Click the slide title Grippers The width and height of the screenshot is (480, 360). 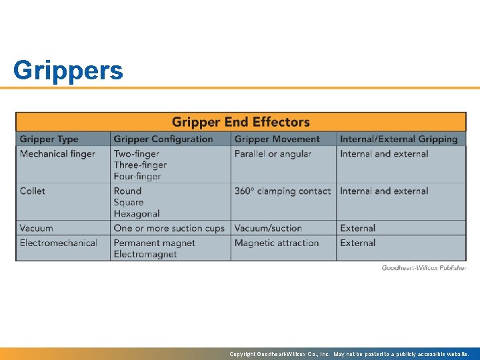pyautogui.click(x=68, y=70)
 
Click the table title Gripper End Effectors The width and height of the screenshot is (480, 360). pyautogui.click(x=241, y=122)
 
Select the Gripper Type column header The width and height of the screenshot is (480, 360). pyautogui.click(x=49, y=139)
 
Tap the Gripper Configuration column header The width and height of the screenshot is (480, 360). pyautogui.click(x=163, y=139)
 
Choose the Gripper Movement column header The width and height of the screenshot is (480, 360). pyautogui.click(x=277, y=139)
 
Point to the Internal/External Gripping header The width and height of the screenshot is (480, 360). pyautogui.click(x=399, y=139)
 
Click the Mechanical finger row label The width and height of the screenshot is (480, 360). pyautogui.click(x=57, y=154)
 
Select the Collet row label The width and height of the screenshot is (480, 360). pyautogui.click(x=33, y=191)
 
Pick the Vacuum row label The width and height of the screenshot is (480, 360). pyautogui.click(x=36, y=228)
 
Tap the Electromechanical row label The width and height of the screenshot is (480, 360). pyautogui.click(x=59, y=243)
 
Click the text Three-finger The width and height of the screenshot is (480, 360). pyautogui.click(x=140, y=165)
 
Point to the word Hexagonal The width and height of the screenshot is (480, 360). pyautogui.click(x=137, y=213)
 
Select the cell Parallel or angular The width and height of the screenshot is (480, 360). pyautogui.click(x=273, y=154)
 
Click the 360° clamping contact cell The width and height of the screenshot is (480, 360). pyautogui.click(x=282, y=191)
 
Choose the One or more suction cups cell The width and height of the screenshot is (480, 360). pyautogui.click(x=169, y=228)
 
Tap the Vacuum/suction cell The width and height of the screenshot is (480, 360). pyautogui.click(x=268, y=228)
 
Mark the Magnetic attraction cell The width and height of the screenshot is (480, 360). pyautogui.click(x=277, y=243)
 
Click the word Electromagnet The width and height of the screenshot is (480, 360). pyautogui.click(x=145, y=254)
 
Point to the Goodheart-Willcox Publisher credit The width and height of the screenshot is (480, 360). pyautogui.click(x=424, y=267)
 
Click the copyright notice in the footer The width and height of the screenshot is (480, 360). pyautogui.click(x=349, y=354)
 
